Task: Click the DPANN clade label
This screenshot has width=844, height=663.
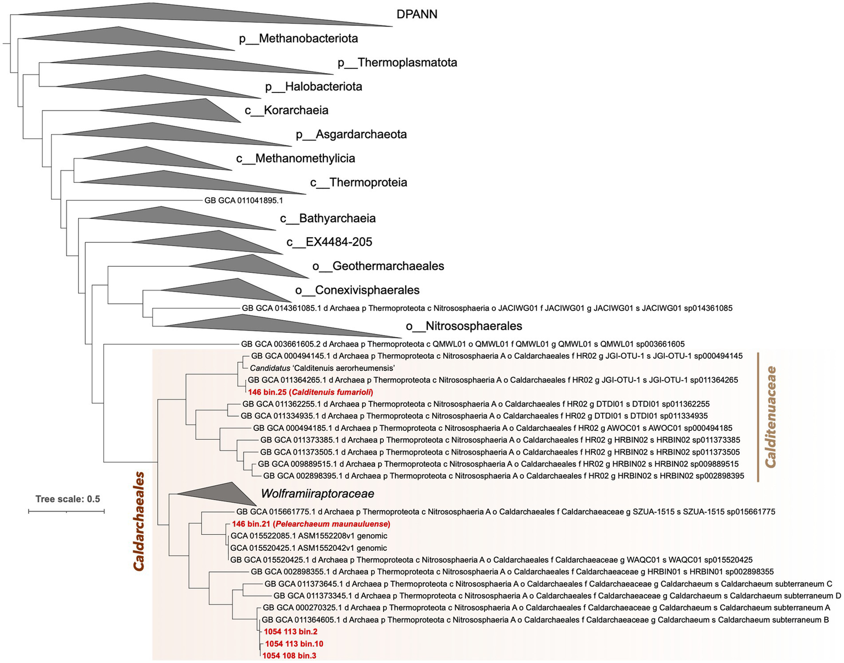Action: pyautogui.click(x=417, y=14)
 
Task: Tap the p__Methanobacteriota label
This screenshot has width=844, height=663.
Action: pyautogui.click(x=298, y=39)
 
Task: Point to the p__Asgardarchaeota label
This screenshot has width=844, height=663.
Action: pyautogui.click(x=351, y=134)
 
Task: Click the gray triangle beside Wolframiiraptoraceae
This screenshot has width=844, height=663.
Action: pyautogui.click(x=220, y=493)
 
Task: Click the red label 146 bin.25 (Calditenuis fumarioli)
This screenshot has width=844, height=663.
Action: pyautogui.click(x=311, y=392)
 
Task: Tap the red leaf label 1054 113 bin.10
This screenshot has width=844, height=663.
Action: pyautogui.click(x=294, y=644)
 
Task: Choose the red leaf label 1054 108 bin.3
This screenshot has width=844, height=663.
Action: pyautogui.click(x=289, y=656)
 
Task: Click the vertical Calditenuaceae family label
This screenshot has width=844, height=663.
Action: pyautogui.click(x=771, y=417)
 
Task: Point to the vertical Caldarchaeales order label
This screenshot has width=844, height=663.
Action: pyautogui.click(x=139, y=520)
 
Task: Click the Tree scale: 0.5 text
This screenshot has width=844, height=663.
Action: pyautogui.click(x=68, y=499)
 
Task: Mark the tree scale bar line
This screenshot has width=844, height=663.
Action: pyautogui.click(x=67, y=511)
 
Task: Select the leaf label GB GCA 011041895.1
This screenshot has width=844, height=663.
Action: pyautogui.click(x=244, y=200)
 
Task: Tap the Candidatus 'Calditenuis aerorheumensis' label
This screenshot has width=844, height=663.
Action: pyautogui.click(x=323, y=368)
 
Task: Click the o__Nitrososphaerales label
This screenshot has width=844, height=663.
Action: pyautogui.click(x=464, y=326)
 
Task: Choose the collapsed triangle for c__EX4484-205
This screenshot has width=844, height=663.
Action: pyautogui.click(x=220, y=242)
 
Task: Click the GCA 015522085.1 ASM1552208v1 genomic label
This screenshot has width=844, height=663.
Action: pyautogui.click(x=309, y=536)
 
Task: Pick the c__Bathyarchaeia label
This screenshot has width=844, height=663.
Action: pyautogui.click(x=328, y=218)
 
